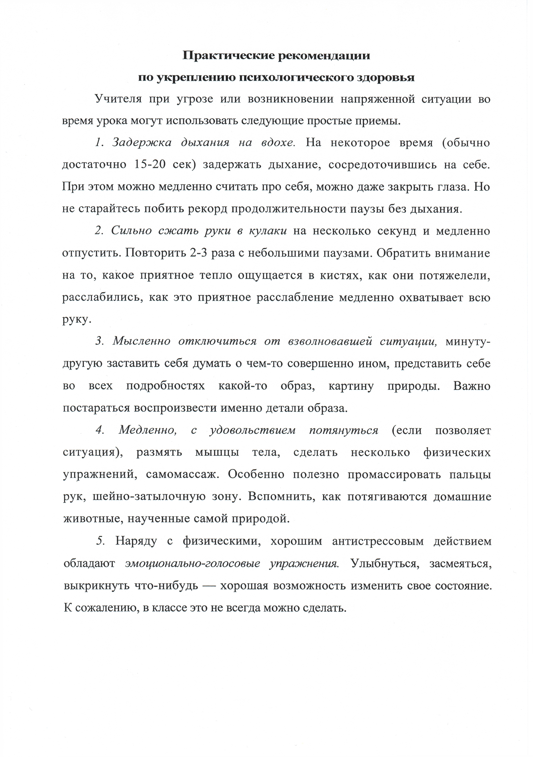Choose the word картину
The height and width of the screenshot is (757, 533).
(x=351, y=386)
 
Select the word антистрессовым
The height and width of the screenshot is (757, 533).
(x=378, y=541)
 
